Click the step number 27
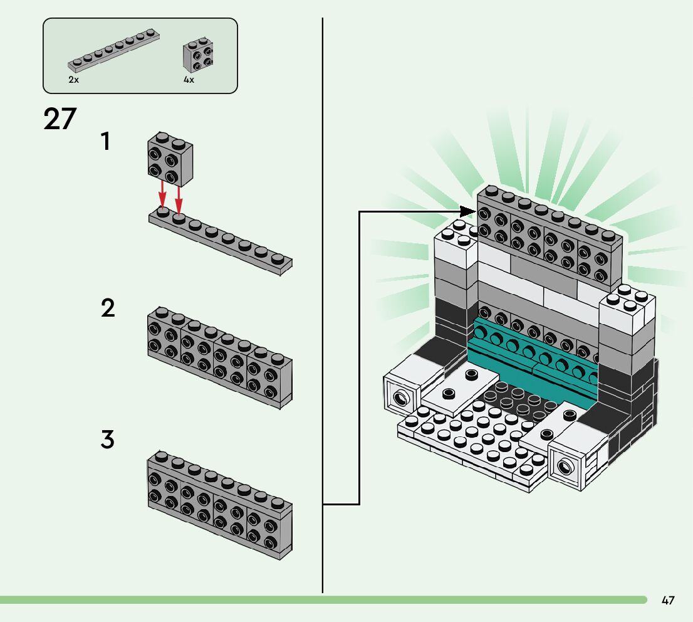tap(60, 119)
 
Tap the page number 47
tap(668, 601)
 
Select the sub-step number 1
tap(107, 142)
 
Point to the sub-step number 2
tap(108, 308)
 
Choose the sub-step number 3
tap(108, 440)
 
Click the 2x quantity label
tap(74, 81)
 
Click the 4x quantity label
tap(189, 81)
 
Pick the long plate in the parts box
tap(113, 50)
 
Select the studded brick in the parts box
tap(197, 56)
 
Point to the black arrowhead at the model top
tap(469, 211)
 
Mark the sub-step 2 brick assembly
tap(219, 356)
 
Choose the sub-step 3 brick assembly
tap(219, 505)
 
